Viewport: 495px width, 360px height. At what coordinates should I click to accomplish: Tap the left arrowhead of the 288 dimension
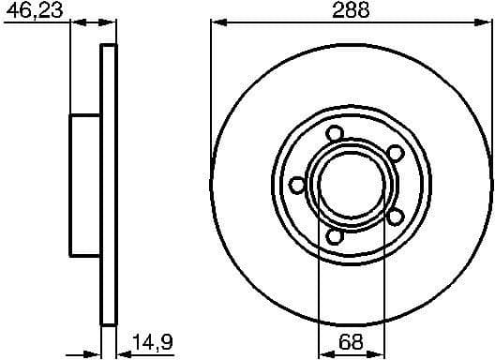tap(217, 22)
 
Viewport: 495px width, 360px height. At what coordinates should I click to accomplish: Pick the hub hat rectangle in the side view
tap(85, 186)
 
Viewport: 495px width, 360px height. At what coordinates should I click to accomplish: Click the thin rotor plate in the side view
tap(109, 186)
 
